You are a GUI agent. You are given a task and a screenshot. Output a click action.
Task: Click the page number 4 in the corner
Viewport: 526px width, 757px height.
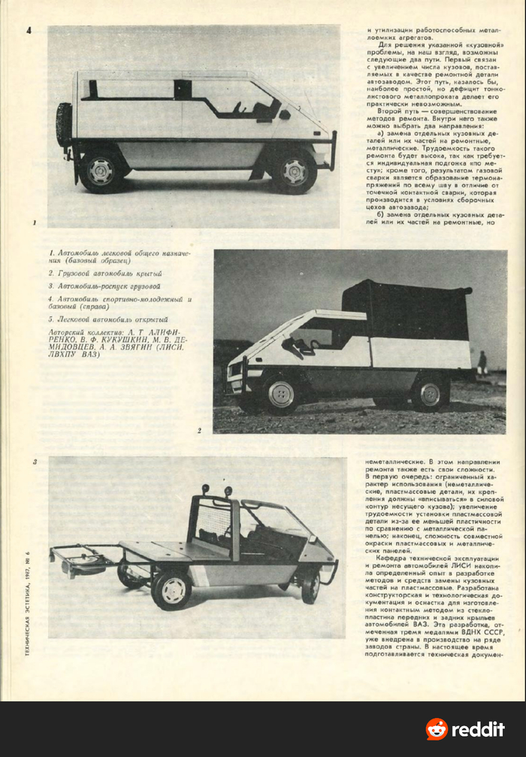click(x=28, y=31)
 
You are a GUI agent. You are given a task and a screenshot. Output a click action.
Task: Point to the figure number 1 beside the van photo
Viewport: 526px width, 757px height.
click(x=35, y=223)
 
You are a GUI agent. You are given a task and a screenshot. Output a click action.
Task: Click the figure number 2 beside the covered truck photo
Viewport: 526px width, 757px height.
click(x=199, y=431)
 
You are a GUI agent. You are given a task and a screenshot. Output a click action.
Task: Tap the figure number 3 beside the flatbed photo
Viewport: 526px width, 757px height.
click(x=35, y=462)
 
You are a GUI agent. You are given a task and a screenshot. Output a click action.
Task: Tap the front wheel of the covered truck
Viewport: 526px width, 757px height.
click(x=282, y=395)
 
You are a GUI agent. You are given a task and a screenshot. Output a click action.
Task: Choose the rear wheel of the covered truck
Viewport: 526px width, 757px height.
click(x=430, y=393)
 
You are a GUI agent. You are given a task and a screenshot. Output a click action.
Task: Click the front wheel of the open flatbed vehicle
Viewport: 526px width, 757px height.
click(x=310, y=585)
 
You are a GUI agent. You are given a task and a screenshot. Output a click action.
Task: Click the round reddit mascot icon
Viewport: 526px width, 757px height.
click(x=437, y=729)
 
